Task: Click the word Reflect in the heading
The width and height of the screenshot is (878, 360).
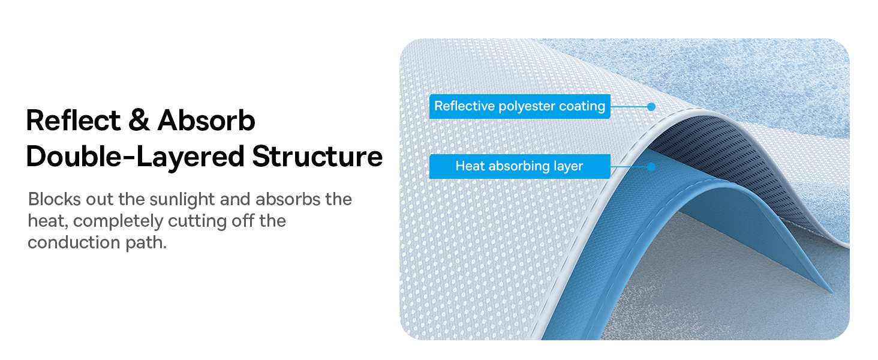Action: (73, 120)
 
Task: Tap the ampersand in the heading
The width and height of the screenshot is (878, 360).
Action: (139, 120)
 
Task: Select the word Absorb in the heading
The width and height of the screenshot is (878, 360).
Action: (206, 120)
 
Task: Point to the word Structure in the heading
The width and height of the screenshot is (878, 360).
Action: (317, 157)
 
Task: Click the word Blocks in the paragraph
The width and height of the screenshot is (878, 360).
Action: (54, 199)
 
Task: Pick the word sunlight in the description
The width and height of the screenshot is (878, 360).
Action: (182, 200)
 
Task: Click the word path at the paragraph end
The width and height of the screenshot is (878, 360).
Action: (146, 243)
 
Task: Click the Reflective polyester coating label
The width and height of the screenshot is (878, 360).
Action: (520, 106)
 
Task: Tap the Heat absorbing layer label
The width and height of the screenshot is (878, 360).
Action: (520, 166)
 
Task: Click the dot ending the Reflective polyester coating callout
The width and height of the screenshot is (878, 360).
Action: (651, 107)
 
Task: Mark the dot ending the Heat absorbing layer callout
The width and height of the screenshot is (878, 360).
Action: (651, 167)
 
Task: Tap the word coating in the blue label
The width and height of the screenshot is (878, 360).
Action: (582, 107)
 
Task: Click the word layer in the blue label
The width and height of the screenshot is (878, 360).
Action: (569, 167)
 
